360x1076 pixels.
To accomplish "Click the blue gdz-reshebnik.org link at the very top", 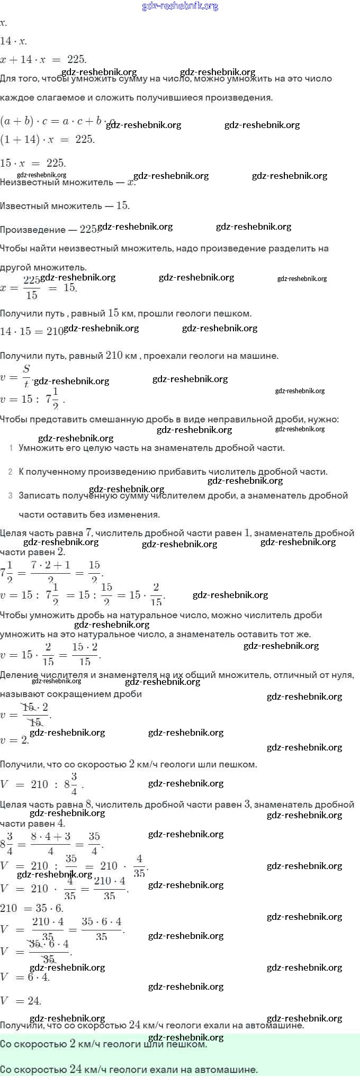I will (180, 6).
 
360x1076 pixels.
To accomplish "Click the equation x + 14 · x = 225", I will (43, 59).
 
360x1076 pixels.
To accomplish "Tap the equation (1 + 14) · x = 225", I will (47, 139).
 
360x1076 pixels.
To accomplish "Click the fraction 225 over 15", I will (32, 288).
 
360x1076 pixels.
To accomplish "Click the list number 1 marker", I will (11, 448).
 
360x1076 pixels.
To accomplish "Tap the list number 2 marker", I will (11, 472).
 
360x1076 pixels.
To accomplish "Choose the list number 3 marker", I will (11, 495).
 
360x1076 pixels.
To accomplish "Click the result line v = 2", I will (15, 740).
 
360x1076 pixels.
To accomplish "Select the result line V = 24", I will (21, 1000).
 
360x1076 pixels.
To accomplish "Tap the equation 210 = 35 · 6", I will (32, 908).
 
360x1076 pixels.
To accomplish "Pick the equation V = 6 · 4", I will (25, 977).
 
